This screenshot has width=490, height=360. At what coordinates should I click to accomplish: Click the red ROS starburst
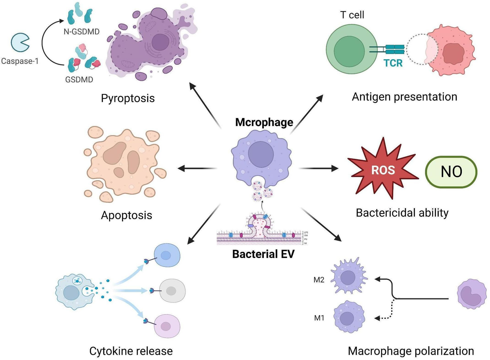pyautogui.click(x=383, y=169)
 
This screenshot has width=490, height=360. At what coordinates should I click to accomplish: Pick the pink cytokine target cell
pyautogui.click(x=167, y=325)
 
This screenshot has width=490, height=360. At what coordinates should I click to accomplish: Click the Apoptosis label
pyautogui.click(x=126, y=215)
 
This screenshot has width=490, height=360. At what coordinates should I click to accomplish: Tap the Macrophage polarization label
pyautogui.click(x=411, y=351)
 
